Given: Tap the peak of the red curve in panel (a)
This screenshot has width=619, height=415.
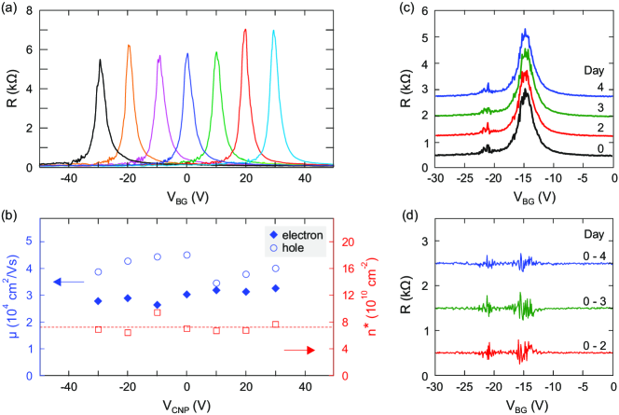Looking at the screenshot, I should (x=245, y=30).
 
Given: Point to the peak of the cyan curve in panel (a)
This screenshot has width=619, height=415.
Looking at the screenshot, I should (x=273, y=31).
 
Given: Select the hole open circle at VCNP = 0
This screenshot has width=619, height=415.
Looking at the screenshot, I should (x=187, y=255).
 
